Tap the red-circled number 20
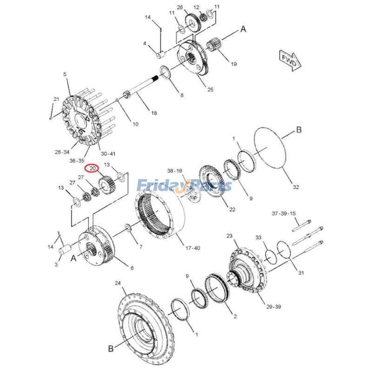point(93,168)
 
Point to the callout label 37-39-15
point(284,213)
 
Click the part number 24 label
point(118,283)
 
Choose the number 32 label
point(296,187)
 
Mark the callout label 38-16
point(175,171)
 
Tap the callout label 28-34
point(62,152)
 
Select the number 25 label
point(210,89)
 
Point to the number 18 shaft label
point(154,113)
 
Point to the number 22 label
point(232,210)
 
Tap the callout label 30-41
point(107,153)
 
